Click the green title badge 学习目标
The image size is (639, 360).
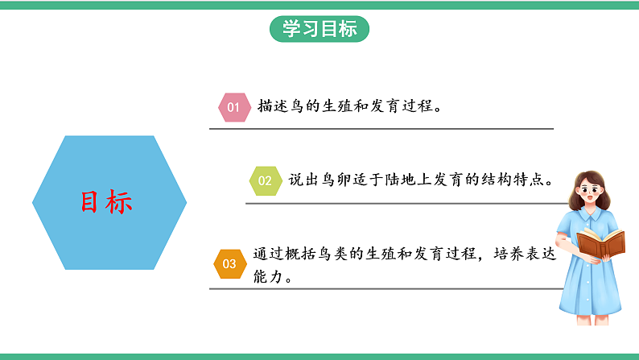point(319,29)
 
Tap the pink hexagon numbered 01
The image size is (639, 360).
point(233,106)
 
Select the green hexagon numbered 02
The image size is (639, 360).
point(264,180)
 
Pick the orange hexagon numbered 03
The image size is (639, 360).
point(229,263)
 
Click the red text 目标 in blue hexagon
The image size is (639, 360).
point(106,202)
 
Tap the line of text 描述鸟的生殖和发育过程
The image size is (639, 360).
point(349,106)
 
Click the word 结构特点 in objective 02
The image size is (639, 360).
point(521,180)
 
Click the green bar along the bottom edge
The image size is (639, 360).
point(319,355)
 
